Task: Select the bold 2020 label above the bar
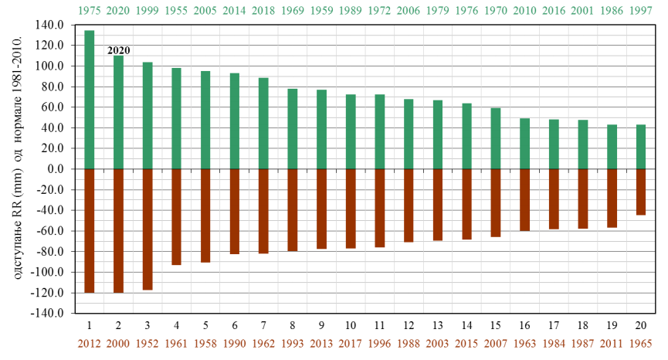tap(118, 50)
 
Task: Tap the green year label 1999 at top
tap(148, 12)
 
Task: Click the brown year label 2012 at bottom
tap(90, 343)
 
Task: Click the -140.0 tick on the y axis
tap(49, 314)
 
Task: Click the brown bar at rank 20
tap(641, 192)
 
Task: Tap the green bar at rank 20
tap(641, 147)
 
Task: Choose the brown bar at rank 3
tap(148, 229)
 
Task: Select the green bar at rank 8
tap(293, 129)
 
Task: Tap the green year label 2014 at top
tap(235, 12)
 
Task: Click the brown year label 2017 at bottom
tap(351, 343)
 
